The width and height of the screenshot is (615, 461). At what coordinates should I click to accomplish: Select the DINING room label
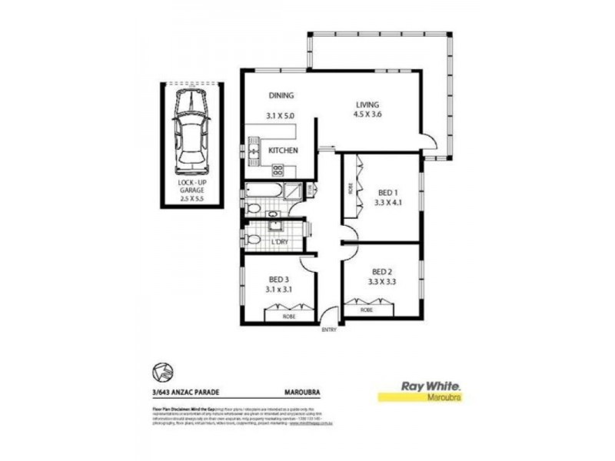tap(281, 96)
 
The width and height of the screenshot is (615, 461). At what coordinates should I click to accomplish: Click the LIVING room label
tap(368, 105)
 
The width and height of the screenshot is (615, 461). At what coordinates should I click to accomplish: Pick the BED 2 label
tap(383, 271)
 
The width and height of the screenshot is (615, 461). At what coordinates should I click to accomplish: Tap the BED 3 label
tap(278, 280)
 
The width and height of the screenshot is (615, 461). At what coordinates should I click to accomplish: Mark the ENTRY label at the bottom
tap(330, 330)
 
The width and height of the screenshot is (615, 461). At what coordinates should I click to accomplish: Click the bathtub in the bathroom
tap(263, 191)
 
